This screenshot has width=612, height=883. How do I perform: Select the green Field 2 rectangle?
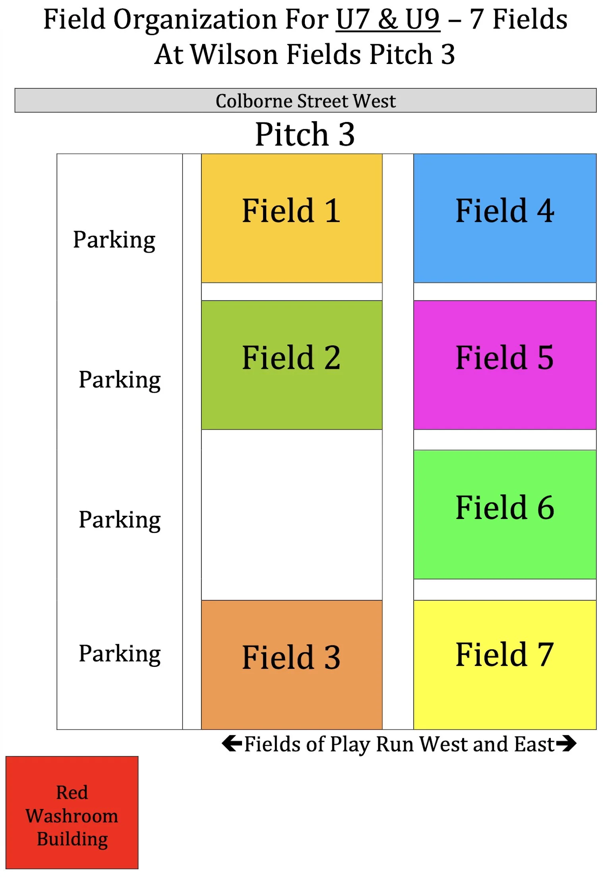pyautogui.click(x=292, y=364)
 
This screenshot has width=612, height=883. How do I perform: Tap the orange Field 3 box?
pyautogui.click(x=292, y=664)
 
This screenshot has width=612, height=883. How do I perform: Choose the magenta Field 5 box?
pyautogui.click(x=504, y=364)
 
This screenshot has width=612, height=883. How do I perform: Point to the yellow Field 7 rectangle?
pyautogui.click(x=504, y=664)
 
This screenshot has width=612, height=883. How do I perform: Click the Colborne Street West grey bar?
pyautogui.click(x=305, y=100)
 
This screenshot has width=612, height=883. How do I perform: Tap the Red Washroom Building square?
pyautogui.click(x=72, y=812)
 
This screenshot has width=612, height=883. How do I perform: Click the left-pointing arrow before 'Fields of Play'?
pyautogui.click(x=232, y=743)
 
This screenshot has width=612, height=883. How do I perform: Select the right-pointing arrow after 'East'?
pyautogui.click(x=566, y=743)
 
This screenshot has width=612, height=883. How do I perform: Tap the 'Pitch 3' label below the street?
pyautogui.click(x=305, y=134)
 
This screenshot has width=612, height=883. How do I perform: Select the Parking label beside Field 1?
pyautogui.click(x=114, y=240)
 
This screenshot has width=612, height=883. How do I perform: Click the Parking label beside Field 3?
pyautogui.click(x=120, y=653)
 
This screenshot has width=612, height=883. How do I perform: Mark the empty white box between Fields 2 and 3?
pyautogui.click(x=292, y=515)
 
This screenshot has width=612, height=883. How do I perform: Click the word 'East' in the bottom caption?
pyautogui.click(x=534, y=744)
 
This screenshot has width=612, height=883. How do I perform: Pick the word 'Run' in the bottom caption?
pyautogui.click(x=395, y=744)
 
